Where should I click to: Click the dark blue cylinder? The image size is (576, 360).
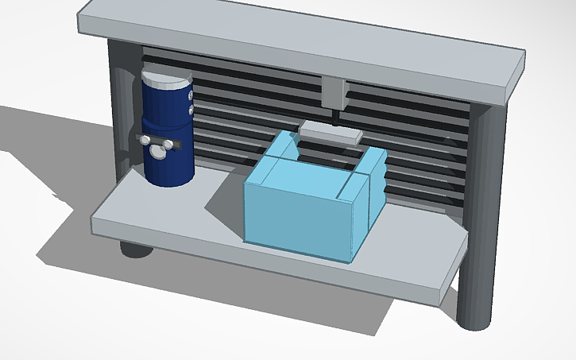(168, 163)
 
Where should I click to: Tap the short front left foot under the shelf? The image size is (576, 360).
(136, 247)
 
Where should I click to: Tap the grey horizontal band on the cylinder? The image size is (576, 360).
(180, 144)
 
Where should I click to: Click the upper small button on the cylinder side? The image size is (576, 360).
(190, 95)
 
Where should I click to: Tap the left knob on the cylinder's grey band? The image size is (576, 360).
(145, 141)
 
